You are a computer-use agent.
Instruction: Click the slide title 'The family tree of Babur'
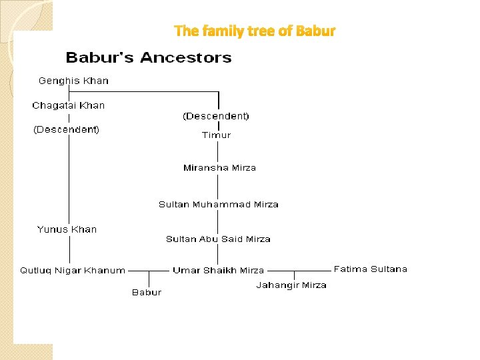pos(255,31)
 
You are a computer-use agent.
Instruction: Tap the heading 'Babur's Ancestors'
pos(149,58)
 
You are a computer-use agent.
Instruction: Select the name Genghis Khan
pos(73,81)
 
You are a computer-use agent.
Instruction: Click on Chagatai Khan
pos(69,105)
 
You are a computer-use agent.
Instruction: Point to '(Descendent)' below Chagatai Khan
pos(67,129)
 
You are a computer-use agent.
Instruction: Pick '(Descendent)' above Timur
pos(216,116)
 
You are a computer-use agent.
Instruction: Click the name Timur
pos(216,135)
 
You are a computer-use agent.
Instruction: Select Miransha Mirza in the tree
pos(219,168)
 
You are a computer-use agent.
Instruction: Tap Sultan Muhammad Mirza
pos(219,205)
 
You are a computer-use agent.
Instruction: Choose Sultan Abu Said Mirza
pos(218,239)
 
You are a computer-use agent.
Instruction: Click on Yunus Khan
pos(67,229)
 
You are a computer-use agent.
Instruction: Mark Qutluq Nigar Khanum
pos(73,271)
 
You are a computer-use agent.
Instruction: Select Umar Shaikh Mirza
pos(218,271)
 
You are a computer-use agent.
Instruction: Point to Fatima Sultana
pos(370,269)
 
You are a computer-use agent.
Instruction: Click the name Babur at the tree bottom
pos(147,292)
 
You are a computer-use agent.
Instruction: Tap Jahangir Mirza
pos(291,285)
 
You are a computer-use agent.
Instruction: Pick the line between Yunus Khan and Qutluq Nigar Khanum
pos(69,250)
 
